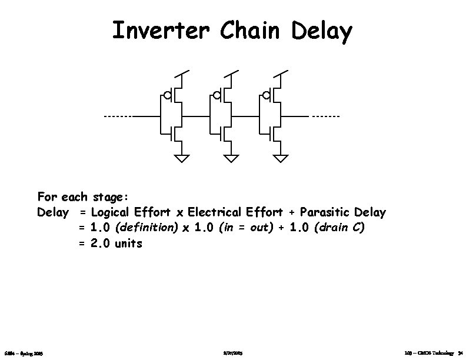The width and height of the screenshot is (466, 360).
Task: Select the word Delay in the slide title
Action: pos(322,32)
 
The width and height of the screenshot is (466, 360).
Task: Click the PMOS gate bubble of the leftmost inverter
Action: pos(168,95)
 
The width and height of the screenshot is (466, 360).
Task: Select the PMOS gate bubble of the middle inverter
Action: pos(217,95)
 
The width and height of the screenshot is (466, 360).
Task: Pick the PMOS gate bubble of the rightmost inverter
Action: pos(267,95)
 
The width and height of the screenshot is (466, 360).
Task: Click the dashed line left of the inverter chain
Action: pos(118,116)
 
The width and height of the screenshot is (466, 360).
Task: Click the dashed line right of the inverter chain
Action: pos(325,116)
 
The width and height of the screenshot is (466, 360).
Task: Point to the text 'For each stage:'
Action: pos(86,196)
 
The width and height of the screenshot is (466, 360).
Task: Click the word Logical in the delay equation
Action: pos(111,212)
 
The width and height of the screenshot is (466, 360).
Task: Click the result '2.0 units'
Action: pos(116,243)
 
